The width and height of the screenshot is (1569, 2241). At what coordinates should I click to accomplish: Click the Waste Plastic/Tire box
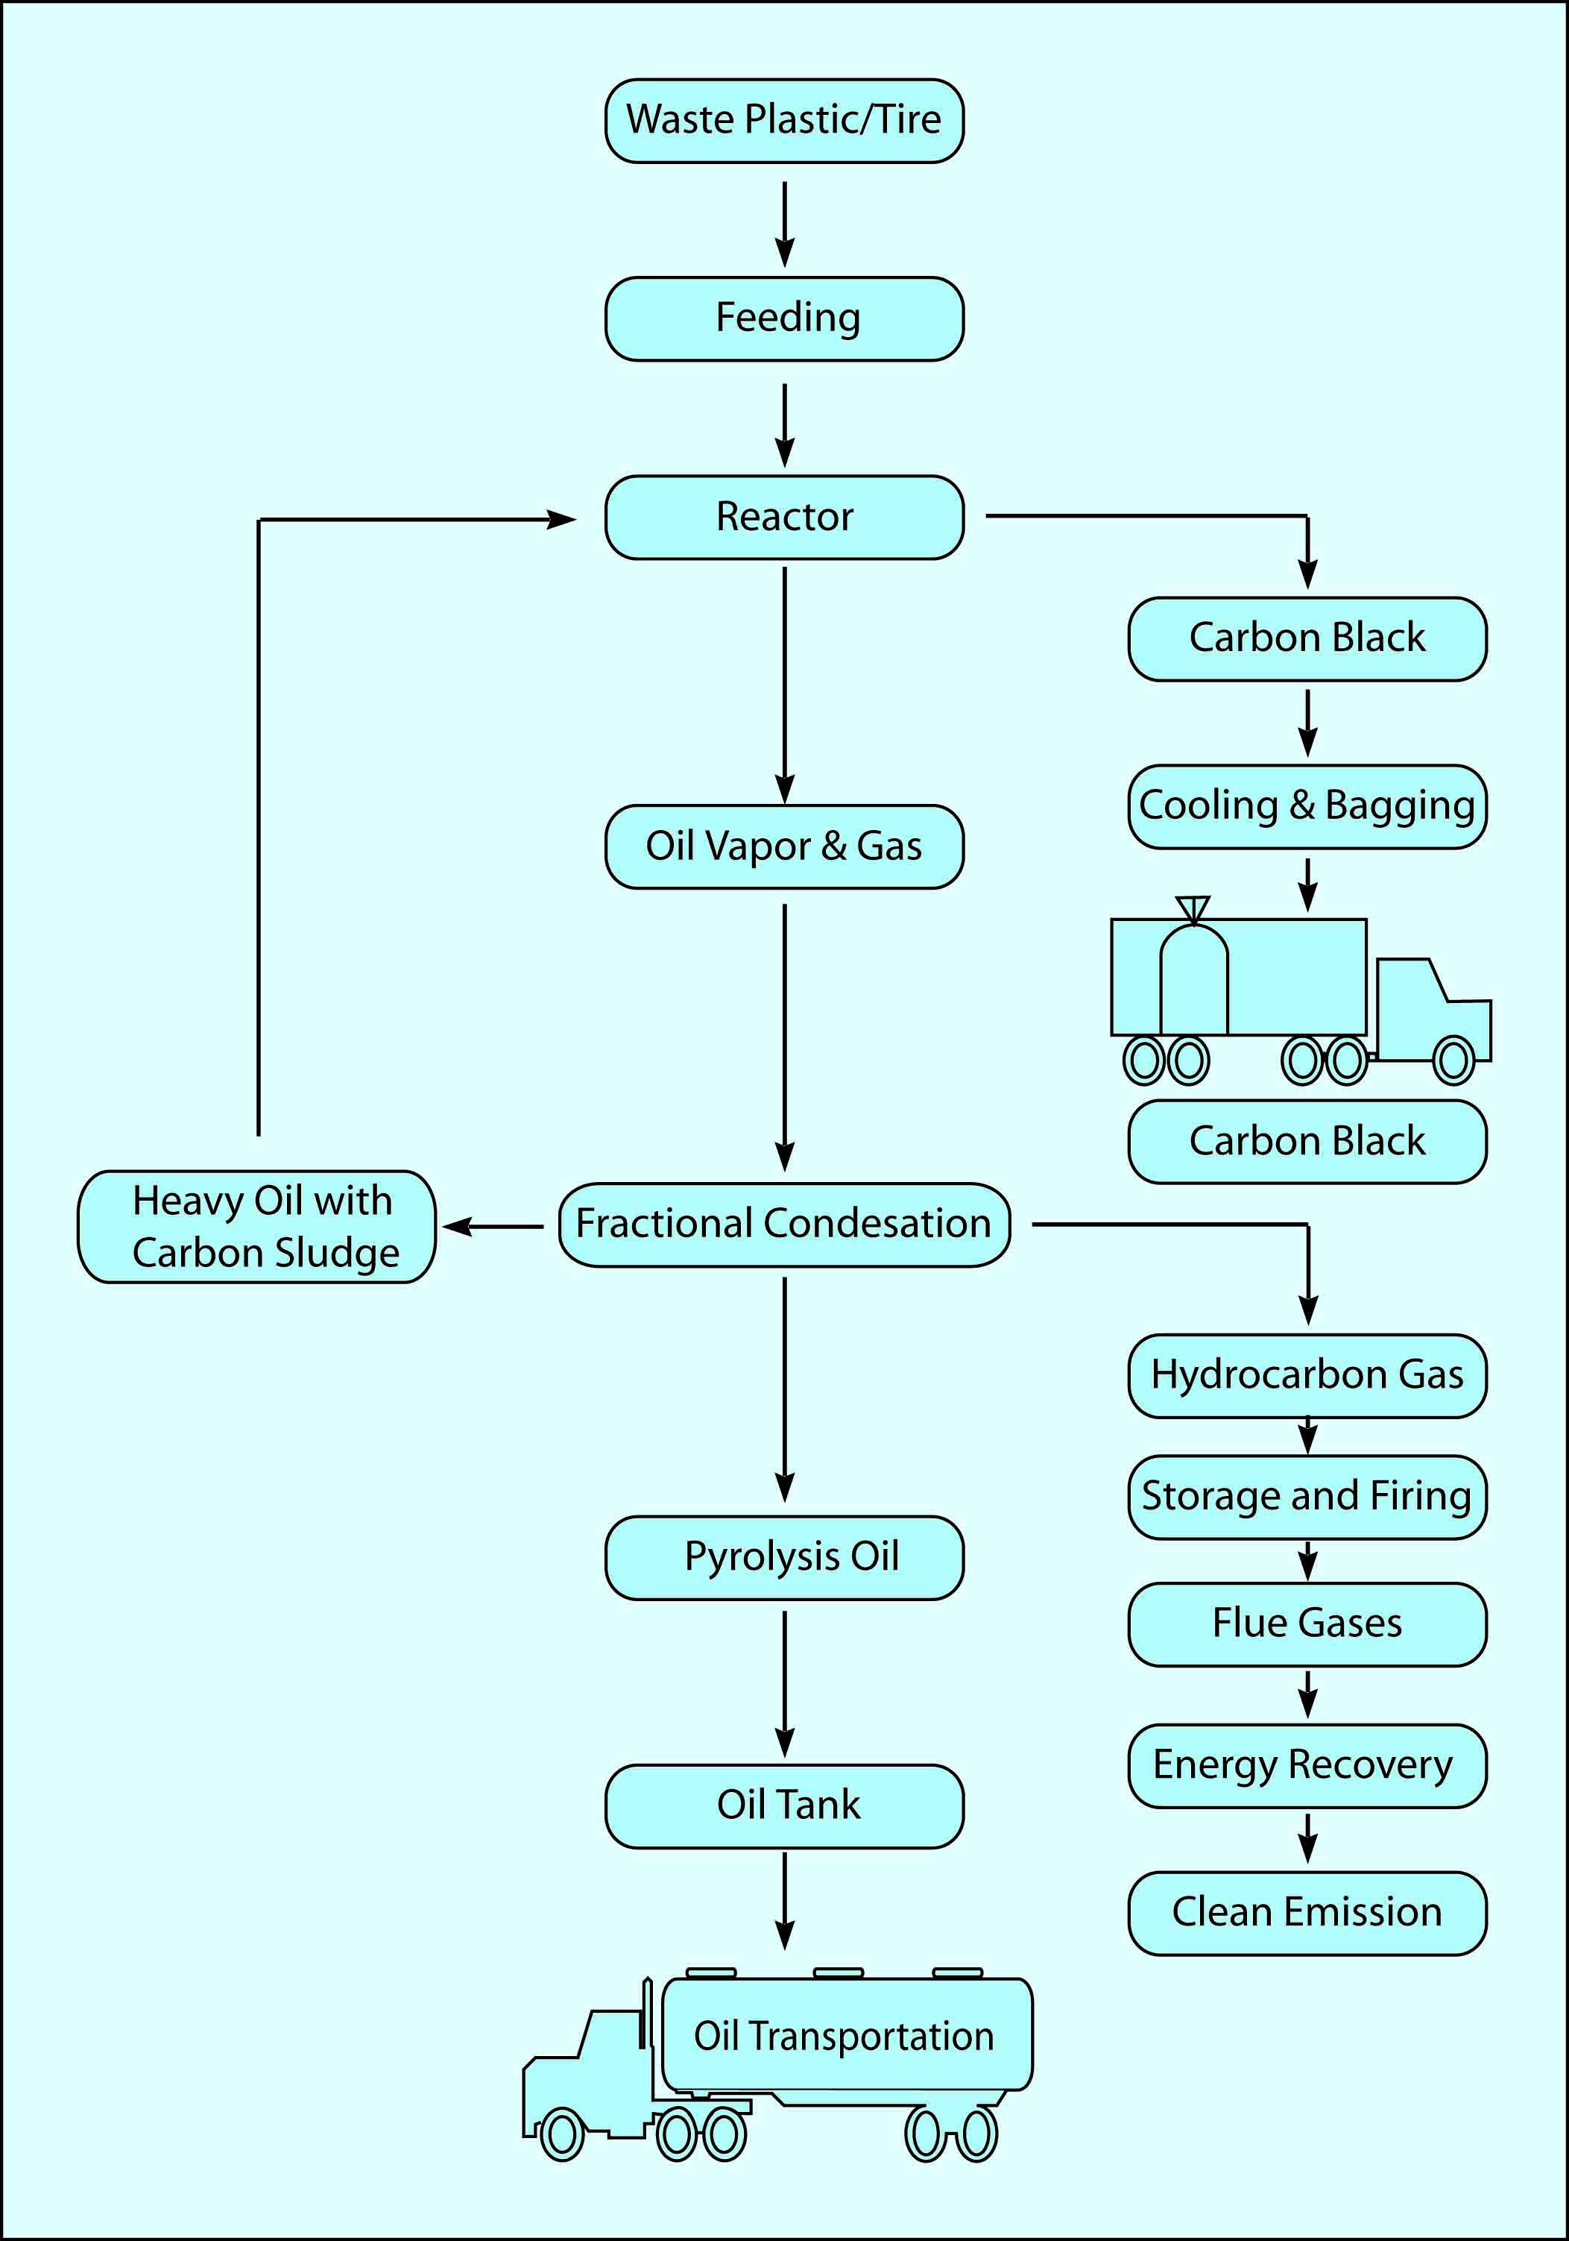[783, 121]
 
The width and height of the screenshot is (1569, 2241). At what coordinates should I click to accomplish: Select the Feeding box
[783, 319]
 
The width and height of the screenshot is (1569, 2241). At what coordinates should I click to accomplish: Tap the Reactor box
[783, 518]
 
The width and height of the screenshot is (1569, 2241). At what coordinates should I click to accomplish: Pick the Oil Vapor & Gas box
[783, 846]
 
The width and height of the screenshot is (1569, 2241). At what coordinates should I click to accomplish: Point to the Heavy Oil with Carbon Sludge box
[256, 1227]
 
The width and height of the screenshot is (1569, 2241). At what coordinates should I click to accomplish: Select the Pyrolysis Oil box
[783, 1558]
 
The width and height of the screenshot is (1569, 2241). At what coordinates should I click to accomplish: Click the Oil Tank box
[783, 1805]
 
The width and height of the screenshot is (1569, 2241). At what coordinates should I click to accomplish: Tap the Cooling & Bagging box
[1307, 807]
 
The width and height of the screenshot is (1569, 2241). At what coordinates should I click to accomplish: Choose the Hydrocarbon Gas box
[1307, 1376]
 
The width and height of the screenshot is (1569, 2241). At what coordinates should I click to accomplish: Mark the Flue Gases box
[1307, 1624]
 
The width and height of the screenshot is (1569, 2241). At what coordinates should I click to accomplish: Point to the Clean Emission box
[1307, 1913]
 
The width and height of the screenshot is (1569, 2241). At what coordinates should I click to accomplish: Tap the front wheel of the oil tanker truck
[562, 2134]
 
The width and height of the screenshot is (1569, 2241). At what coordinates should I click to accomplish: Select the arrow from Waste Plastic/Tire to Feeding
[784, 222]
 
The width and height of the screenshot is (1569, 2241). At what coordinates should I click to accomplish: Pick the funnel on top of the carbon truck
[1193, 908]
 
